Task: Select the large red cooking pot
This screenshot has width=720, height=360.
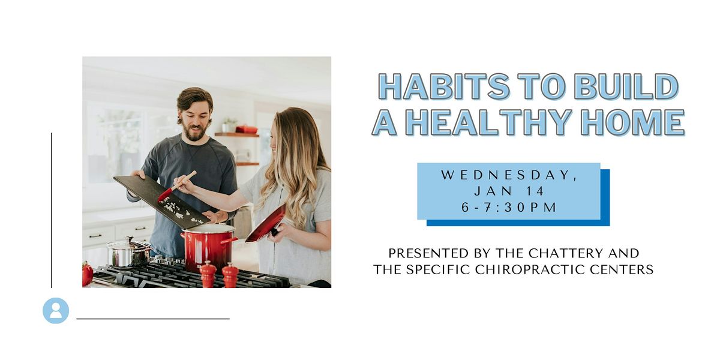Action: pos(207,247)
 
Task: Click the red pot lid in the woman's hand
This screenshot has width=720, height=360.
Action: pos(266,223)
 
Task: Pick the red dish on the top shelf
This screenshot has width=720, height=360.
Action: pos(247,129)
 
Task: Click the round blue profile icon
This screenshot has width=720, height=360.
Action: pos(56,310)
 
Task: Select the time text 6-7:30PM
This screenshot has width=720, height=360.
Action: pos(508,208)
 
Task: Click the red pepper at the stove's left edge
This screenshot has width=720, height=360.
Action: pos(88,274)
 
